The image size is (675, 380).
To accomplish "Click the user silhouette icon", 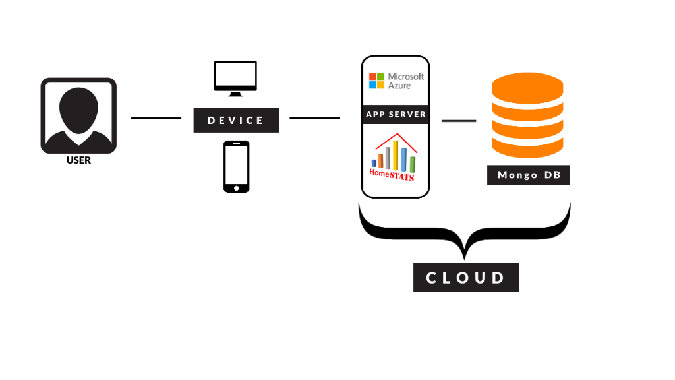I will tap(78, 116).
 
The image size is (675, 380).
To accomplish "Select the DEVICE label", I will tap(236, 120).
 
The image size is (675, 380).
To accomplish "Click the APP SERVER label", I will tap(396, 114).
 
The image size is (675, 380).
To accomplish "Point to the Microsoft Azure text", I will tap(406, 80).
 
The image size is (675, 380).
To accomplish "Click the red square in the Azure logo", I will tap(372, 77).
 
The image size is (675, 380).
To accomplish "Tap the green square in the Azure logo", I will tap(381, 77).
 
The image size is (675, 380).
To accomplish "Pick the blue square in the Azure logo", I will tap(372, 85).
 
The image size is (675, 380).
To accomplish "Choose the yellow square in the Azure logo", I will tap(381, 85).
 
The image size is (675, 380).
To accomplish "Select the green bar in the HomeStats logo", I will tap(413, 164).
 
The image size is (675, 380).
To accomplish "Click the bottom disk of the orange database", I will tap(527, 146).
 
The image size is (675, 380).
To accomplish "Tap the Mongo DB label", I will tap(528, 175).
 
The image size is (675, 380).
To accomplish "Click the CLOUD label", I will tap(466, 278).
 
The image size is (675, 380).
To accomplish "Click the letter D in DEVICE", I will tap(212, 120).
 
